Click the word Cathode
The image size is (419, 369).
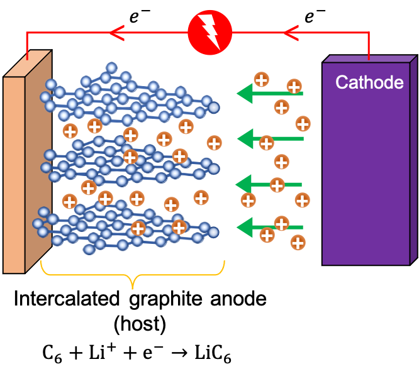369,82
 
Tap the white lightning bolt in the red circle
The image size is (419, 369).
209,32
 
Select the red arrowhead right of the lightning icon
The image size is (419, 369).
291,31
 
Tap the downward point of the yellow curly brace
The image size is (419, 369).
132,287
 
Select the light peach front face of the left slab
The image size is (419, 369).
14,176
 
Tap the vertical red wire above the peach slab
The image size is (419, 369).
27,45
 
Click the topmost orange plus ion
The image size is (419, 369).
261,79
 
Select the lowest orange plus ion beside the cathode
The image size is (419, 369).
298,243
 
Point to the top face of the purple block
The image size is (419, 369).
368,59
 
